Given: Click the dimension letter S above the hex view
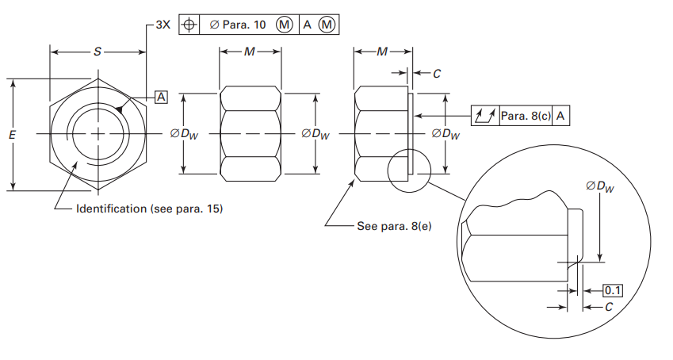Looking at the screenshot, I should coord(98,52).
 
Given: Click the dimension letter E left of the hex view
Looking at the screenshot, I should coord(12,136).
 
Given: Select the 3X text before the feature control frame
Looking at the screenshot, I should coord(163,24).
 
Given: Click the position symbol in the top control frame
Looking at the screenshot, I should coord(189,25).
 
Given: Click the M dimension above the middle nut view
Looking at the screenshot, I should coord(250,52).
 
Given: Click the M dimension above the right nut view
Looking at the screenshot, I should coord(382,52).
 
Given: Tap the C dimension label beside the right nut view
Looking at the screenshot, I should coord(437,74).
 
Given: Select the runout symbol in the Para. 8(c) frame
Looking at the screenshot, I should coord(484,117).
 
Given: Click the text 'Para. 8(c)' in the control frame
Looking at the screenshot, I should coord(524,117).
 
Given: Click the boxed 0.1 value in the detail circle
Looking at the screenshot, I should coord(613,290).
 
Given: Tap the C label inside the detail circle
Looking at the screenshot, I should coord(608,306).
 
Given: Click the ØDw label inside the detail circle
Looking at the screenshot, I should coord(600,186).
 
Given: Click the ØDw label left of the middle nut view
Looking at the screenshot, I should coord(184,134).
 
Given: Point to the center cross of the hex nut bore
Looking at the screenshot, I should coord(97,134).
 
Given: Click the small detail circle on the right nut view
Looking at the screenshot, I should coord(408,167).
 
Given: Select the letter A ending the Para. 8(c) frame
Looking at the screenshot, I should coord(560,117).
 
